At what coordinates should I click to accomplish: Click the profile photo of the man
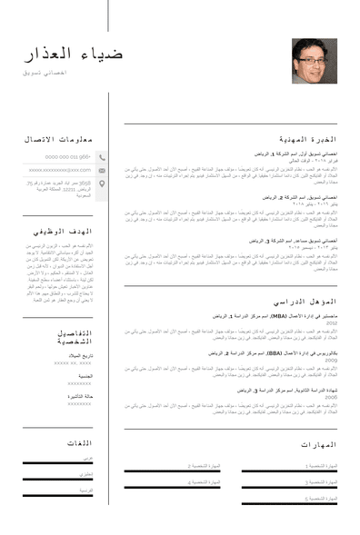(x=314, y=61)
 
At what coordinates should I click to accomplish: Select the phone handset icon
(x=102, y=156)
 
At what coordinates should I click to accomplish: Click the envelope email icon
(x=102, y=170)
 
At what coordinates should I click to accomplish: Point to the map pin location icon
(x=102, y=183)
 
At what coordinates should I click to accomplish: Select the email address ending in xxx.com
(x=60, y=170)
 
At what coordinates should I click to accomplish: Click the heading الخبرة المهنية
(x=307, y=139)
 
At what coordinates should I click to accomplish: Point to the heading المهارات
(x=318, y=444)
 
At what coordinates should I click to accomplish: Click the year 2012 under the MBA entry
(x=332, y=323)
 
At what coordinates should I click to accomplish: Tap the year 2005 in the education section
(x=332, y=398)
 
